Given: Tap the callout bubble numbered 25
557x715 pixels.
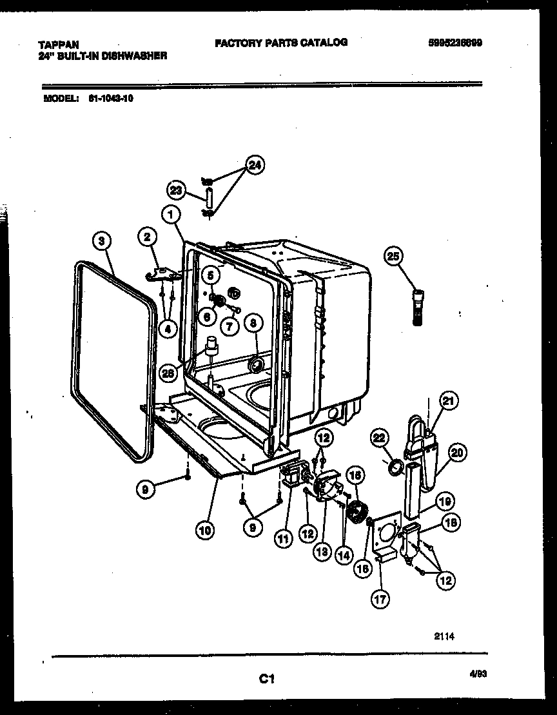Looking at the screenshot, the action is coord(393,256).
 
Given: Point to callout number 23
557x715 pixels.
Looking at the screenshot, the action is coord(176,190).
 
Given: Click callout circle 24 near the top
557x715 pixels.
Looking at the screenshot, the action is coord(255,166).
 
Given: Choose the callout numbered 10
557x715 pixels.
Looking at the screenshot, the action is coord(204,531).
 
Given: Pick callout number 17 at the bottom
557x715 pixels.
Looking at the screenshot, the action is coord(380,599).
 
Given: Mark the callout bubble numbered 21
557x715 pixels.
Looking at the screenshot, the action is coord(449,400).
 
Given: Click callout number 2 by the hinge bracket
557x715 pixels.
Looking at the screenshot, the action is coord(148,237).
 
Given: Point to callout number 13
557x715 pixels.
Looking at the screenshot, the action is coord(322,551).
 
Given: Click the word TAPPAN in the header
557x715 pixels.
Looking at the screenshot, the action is coord(59,44).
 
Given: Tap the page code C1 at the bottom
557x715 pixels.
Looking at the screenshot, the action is coord(268,678).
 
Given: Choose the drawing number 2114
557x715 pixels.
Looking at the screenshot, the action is coord(445,636).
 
